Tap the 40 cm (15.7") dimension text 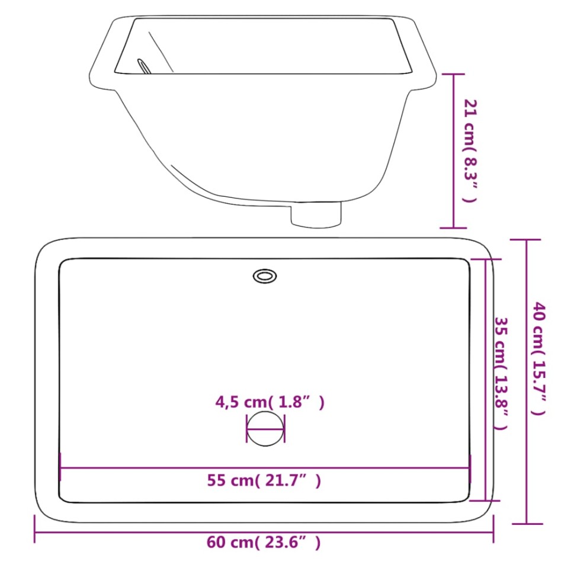coord(538,358)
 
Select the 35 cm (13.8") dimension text coord(501,373)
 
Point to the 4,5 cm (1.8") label coord(270,403)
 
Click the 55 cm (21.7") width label coord(264,481)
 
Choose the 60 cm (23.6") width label coord(264,541)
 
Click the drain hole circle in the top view coord(265,428)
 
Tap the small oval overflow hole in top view coord(264,275)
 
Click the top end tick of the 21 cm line coord(454,74)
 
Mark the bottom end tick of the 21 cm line coord(454,227)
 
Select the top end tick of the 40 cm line coord(526,240)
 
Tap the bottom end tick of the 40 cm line coord(526,523)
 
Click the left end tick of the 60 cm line coord(36,529)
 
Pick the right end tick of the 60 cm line coord(493,529)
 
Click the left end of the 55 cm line coord(60,468)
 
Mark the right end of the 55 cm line coord(470,468)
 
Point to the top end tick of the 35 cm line coord(487,259)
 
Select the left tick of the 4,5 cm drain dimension coord(246,428)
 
